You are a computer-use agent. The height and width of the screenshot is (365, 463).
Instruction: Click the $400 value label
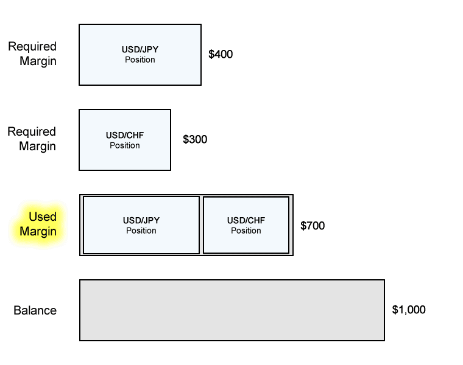pyautogui.click(x=221, y=54)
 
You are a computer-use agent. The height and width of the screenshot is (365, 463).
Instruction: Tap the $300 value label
pyautogui.click(x=195, y=139)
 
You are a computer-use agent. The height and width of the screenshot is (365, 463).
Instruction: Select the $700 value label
pyautogui.click(x=313, y=226)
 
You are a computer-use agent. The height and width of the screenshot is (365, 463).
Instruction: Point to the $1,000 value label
pyautogui.click(x=409, y=310)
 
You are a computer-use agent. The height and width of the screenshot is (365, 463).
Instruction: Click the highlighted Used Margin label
pyautogui.click(x=38, y=224)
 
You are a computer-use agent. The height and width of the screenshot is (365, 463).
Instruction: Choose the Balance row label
pyautogui.click(x=35, y=310)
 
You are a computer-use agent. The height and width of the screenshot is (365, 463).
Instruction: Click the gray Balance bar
pyautogui.click(x=232, y=310)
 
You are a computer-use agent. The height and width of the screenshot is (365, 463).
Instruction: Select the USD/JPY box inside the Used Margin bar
pyautogui.click(x=141, y=225)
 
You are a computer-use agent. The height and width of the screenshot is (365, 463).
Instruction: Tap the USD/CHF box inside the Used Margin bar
pyautogui.click(x=246, y=225)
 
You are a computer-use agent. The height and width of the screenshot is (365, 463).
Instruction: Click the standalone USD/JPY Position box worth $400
pyautogui.click(x=140, y=55)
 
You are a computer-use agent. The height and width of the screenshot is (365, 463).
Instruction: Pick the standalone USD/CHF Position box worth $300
pyautogui.click(x=125, y=140)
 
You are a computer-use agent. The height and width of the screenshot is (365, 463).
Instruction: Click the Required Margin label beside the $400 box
pyautogui.click(x=32, y=54)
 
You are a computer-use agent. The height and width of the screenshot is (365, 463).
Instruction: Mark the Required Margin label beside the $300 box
pyautogui.click(x=32, y=139)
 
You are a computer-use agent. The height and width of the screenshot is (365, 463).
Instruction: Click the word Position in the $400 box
pyautogui.click(x=140, y=60)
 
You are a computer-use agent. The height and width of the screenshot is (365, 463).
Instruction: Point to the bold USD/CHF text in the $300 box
pyautogui.click(x=125, y=135)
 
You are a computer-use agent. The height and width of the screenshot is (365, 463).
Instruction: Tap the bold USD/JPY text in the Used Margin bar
pyautogui.click(x=141, y=220)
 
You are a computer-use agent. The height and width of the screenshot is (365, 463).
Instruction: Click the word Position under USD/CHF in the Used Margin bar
pyautogui.click(x=246, y=231)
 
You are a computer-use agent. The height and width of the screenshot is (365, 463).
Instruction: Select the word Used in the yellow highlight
pyautogui.click(x=43, y=217)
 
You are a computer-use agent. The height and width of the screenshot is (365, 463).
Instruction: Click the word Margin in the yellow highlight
pyautogui.click(x=38, y=231)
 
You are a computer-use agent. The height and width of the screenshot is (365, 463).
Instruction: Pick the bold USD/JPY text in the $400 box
pyautogui.click(x=140, y=49)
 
